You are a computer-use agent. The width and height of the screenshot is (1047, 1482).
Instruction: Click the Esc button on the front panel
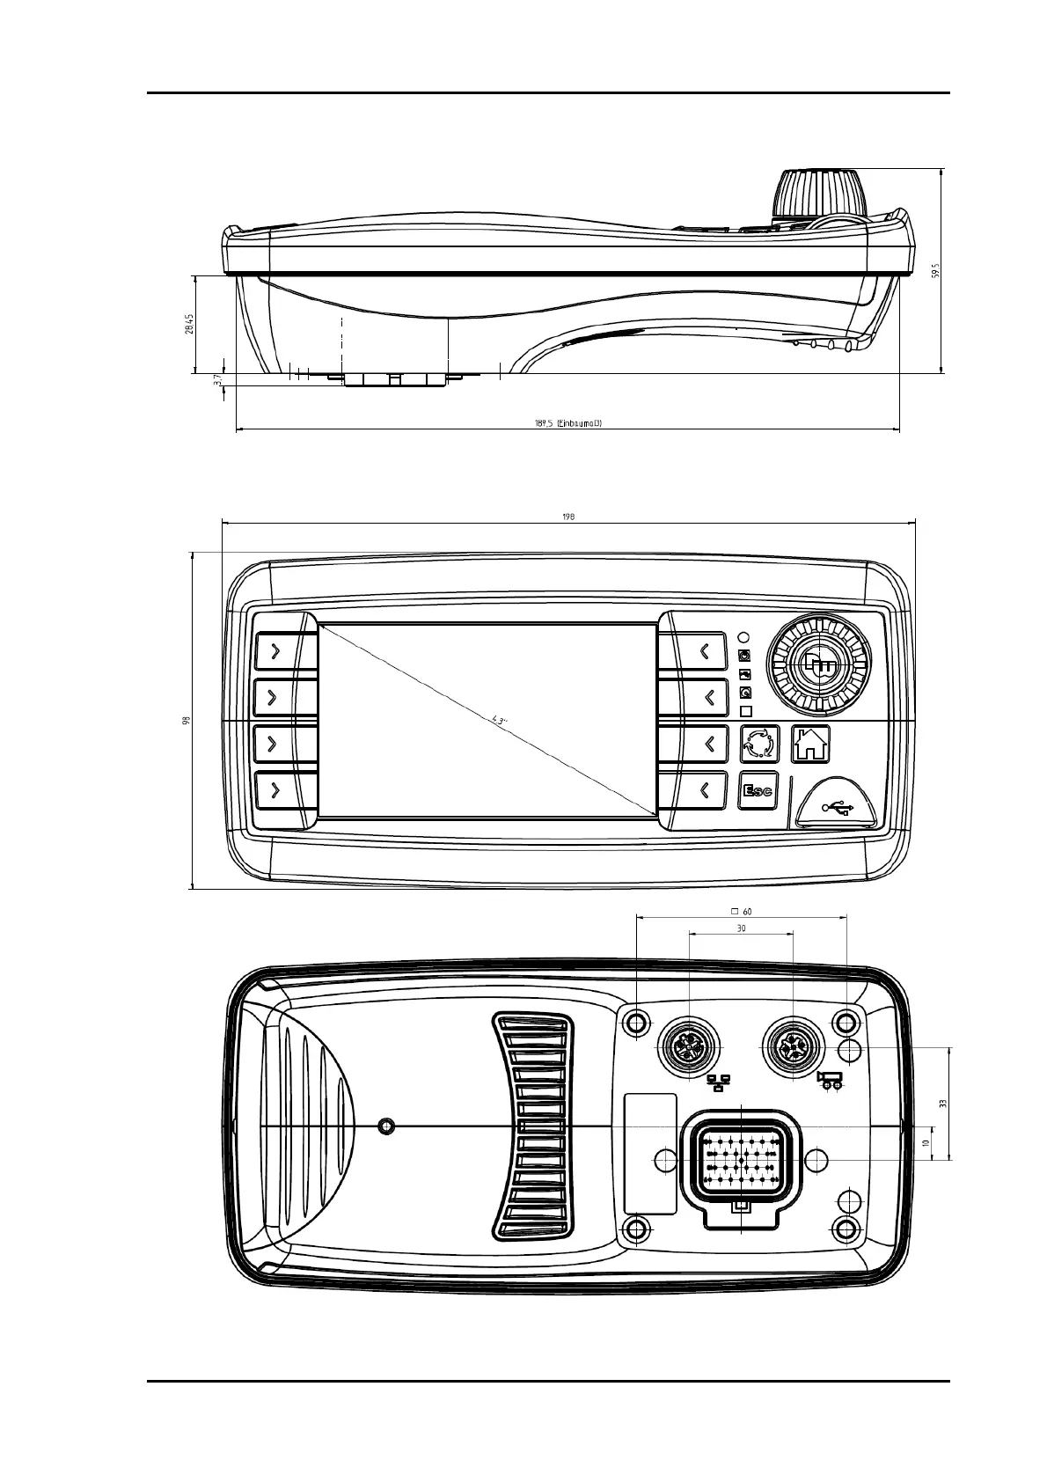coord(758,790)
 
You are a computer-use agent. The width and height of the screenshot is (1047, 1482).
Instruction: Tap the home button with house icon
coord(810,744)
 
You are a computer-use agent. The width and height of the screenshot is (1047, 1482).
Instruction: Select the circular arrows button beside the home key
coord(759,744)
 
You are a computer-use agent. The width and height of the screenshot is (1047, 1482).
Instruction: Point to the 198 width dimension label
coord(567,517)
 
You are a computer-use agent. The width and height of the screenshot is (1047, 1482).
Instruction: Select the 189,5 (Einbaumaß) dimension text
coord(567,422)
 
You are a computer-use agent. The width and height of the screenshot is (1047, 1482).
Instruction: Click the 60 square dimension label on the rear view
coord(741,912)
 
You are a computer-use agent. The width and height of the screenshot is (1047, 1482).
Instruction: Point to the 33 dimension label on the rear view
coord(942,1103)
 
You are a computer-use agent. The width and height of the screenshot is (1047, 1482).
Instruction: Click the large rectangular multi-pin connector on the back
coord(741,1162)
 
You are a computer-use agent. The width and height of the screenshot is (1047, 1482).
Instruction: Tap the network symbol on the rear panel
coord(719,1082)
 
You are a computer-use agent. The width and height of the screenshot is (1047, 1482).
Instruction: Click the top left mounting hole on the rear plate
coord(635,1023)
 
